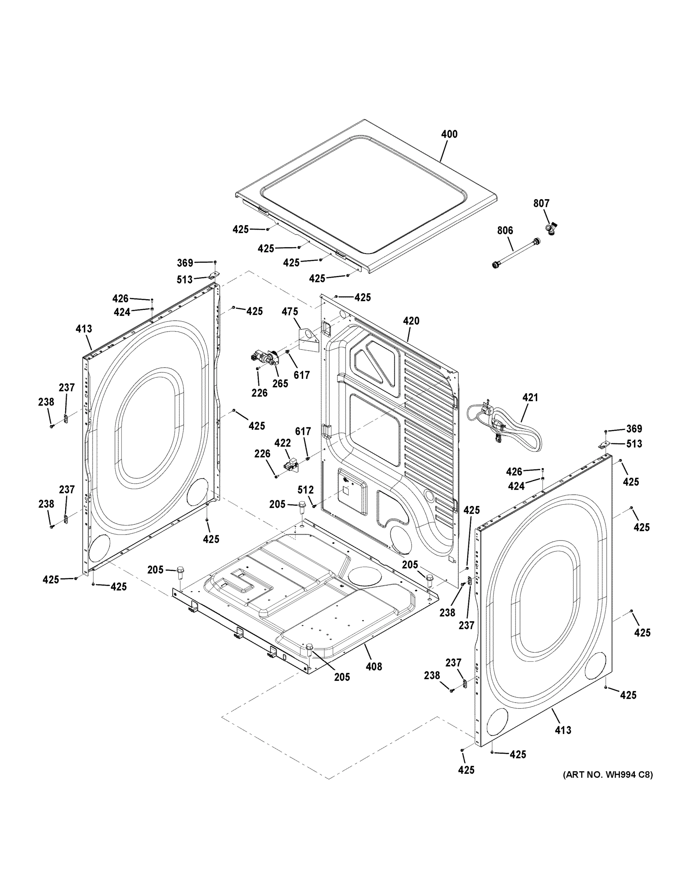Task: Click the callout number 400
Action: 449,134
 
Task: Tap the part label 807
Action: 541,203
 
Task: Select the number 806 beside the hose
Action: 505,231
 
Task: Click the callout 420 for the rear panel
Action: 411,321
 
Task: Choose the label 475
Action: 289,312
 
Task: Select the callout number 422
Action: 282,443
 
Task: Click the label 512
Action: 305,490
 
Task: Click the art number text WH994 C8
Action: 608,775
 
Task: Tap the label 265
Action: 280,384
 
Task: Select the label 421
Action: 530,398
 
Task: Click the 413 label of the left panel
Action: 83,329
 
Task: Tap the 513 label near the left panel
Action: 184,279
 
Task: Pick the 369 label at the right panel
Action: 634,429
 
